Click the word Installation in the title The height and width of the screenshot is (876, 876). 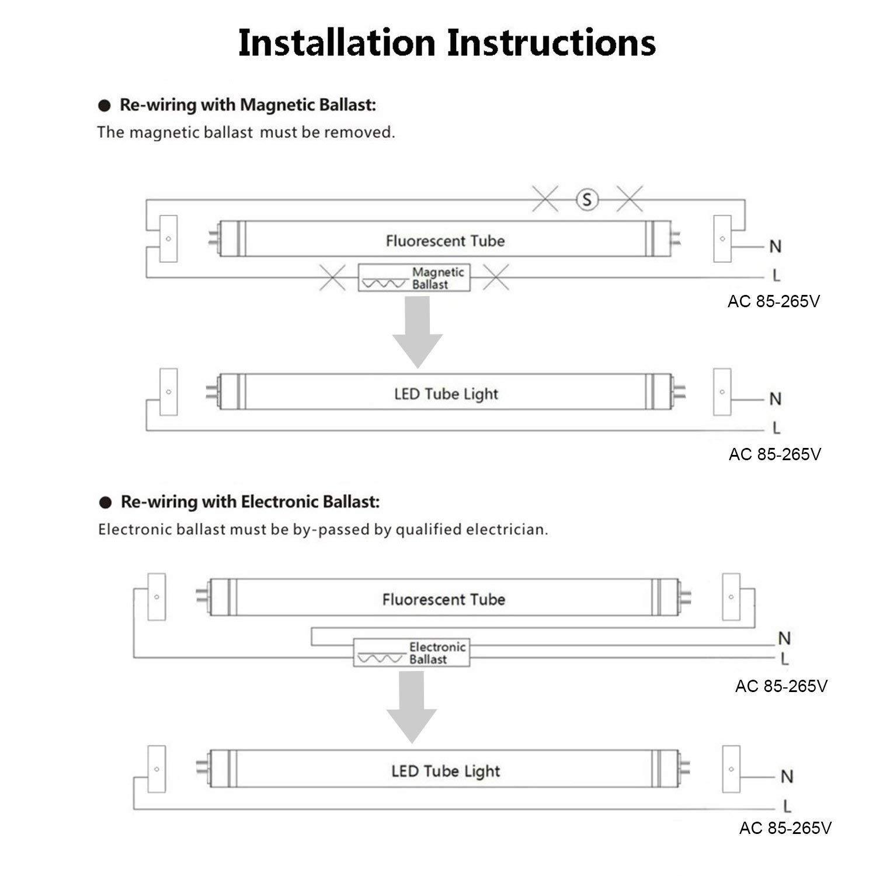point(337,43)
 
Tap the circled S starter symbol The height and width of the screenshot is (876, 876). point(587,200)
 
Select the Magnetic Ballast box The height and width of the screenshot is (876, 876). point(413,278)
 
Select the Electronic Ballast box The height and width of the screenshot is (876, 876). point(412,653)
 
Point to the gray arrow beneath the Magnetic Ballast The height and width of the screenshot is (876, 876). point(418,333)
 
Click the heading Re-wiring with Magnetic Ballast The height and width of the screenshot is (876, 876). point(248,105)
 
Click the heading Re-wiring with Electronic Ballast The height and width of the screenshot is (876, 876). point(250,502)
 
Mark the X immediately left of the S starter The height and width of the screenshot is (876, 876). point(545,200)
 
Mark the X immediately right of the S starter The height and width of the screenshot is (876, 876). point(630,200)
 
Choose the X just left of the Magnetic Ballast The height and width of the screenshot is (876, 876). point(332,277)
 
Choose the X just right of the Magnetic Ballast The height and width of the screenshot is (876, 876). point(496,277)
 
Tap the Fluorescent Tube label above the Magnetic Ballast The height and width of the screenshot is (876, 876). point(445,241)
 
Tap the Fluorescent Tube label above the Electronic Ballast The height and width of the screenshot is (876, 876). point(444,599)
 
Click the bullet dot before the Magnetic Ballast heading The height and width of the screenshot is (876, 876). point(105,106)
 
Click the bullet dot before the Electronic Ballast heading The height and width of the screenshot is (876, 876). point(105,503)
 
